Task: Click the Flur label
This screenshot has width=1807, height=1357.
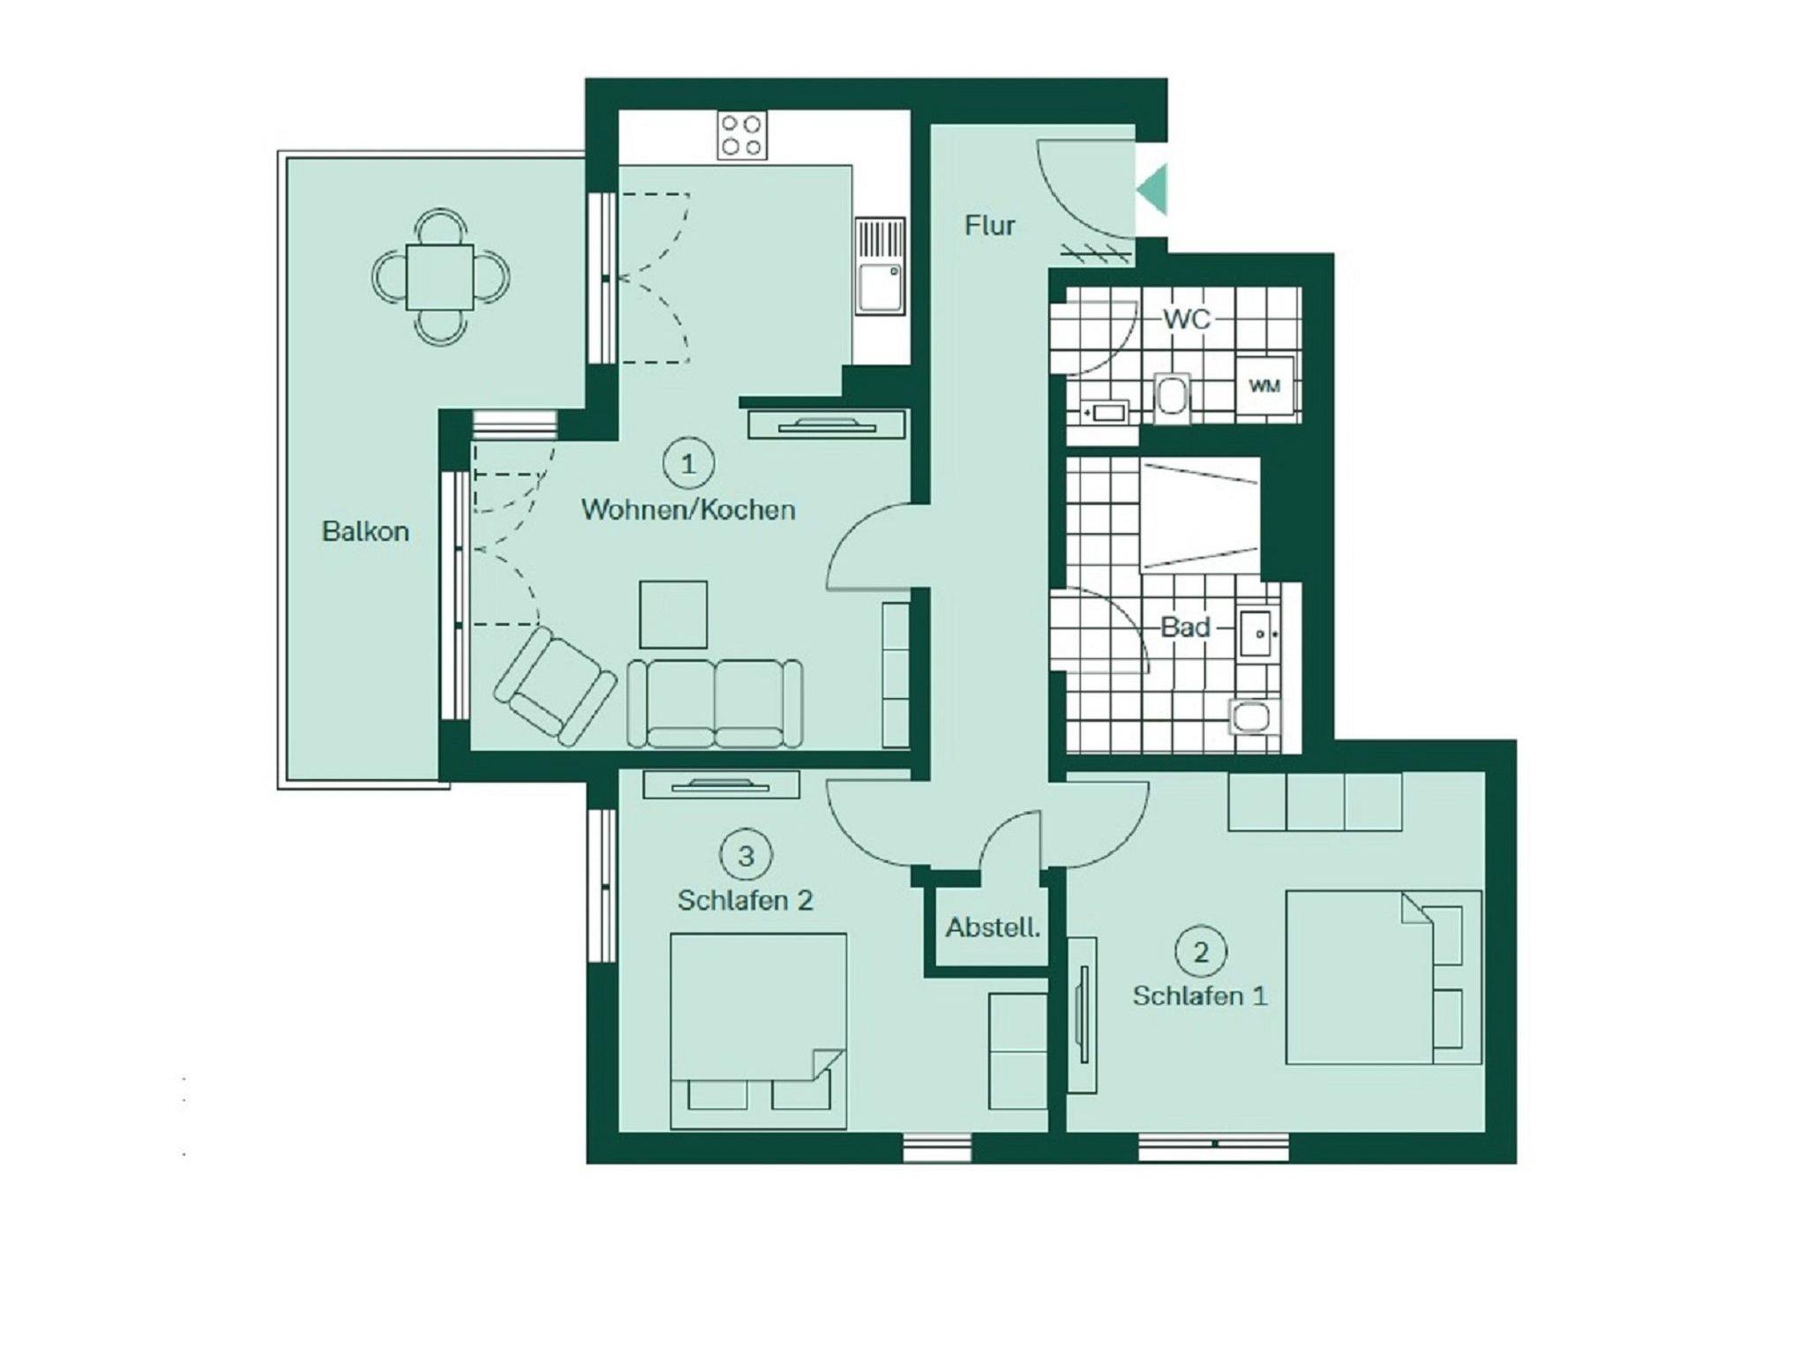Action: pos(989,226)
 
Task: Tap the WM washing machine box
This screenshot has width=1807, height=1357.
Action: pos(1264,386)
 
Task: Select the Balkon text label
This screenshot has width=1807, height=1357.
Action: pos(365,531)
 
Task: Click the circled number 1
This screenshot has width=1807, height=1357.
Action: pos(687,463)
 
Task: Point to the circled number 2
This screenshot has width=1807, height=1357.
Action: pos(1201,952)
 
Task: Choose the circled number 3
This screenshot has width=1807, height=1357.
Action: pos(746,855)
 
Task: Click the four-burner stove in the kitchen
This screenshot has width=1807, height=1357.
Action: pos(742,135)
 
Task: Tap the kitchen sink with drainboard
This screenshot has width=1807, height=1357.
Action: pos(881,266)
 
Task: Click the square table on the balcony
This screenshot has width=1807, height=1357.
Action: pos(440,277)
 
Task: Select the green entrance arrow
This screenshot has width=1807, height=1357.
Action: pos(1154,190)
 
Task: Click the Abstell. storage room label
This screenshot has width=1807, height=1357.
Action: pos(993,927)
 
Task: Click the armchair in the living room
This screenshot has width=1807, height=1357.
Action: pos(555,685)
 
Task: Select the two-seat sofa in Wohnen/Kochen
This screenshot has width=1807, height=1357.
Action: pos(715,703)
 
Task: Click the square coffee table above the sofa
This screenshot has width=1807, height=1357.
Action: pos(673,614)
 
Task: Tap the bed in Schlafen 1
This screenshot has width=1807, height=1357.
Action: pos(1383,978)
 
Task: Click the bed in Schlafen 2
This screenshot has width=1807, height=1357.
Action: pos(758,1031)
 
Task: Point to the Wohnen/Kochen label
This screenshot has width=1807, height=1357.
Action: pos(688,510)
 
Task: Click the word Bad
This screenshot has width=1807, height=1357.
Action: pos(1185,627)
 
